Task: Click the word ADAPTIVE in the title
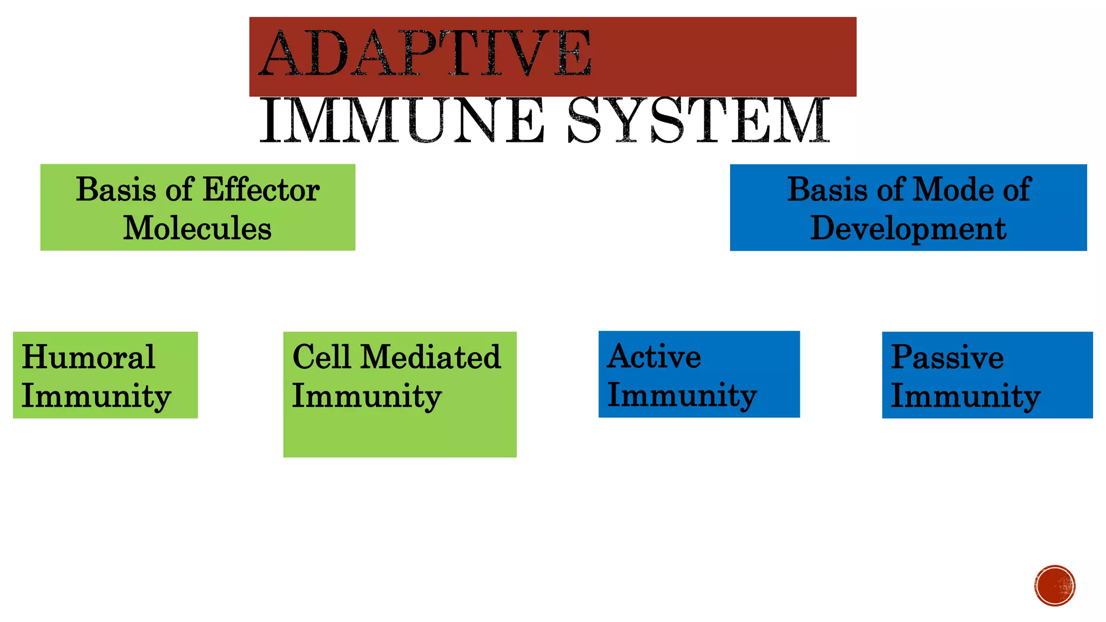pos(425,54)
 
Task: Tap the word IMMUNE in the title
pos(401,121)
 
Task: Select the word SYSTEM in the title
pos(698,121)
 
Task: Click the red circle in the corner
pos(1054,586)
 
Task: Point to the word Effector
pos(261,190)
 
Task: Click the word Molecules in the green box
pos(197,228)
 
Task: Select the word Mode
pos(953,190)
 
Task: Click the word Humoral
pos(88,357)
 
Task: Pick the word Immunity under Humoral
pos(96,397)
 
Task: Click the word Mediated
pos(430,357)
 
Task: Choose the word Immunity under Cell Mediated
pos(366,397)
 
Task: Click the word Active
pos(653,357)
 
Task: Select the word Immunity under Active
pos(682,396)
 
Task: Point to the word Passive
pos(947,357)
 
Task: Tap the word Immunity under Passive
pos(965,397)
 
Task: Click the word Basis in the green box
pos(116,190)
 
